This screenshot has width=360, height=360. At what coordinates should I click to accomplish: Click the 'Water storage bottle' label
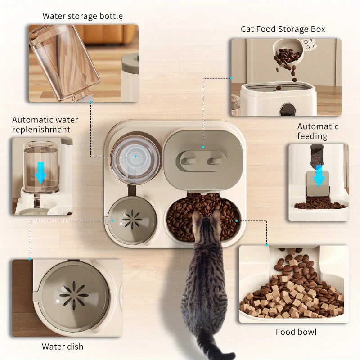tap(82, 16)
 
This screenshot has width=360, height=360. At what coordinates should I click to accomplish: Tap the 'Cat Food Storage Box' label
tap(283, 29)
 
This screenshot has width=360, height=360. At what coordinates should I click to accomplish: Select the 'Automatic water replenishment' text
tap(45, 125)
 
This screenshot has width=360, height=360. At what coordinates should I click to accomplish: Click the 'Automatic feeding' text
tap(318, 131)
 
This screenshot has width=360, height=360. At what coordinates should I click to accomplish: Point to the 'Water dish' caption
tap(63, 346)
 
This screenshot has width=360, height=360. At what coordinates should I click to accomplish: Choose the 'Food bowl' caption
tap(296, 332)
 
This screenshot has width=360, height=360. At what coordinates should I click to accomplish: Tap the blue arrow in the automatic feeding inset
tap(319, 175)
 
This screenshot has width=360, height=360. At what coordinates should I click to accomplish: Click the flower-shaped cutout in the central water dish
tap(132, 220)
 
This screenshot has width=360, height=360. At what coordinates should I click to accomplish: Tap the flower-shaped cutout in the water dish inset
tap(74, 295)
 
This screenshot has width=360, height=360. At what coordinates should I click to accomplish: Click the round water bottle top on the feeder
tap(135, 157)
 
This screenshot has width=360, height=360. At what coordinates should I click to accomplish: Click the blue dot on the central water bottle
tap(135, 157)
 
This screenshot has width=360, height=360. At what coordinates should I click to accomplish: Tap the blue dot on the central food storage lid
tap(203, 147)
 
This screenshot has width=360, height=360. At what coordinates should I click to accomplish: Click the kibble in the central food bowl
tap(180, 216)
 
